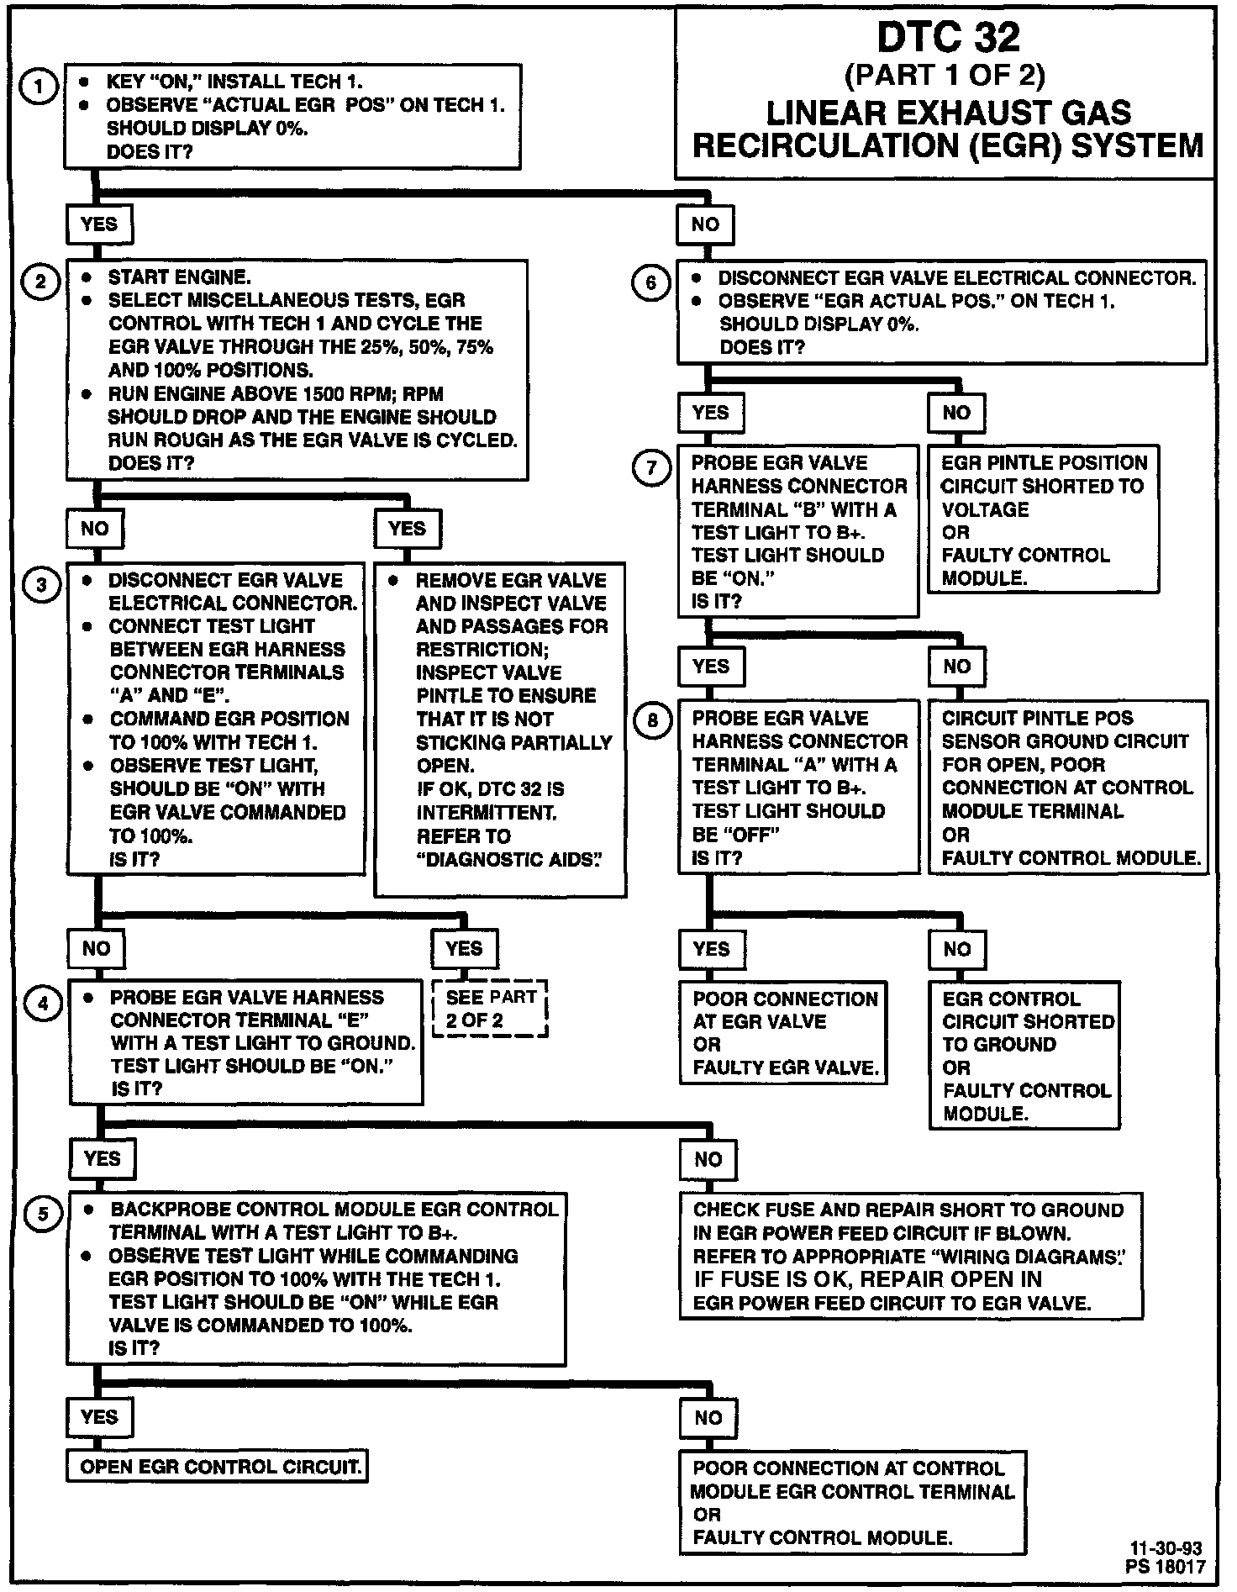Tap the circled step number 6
pos(650,282)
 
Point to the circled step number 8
pos(653,721)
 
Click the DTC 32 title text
pos(948,38)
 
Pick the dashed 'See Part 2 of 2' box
pos(490,1009)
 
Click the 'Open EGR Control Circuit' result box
pos(218,1467)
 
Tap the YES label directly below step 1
pos(99,224)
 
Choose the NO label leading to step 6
pos(706,224)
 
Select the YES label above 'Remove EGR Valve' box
pos(408,529)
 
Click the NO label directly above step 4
pos(96,948)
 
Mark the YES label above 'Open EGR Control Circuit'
pos(99,1416)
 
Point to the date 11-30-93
pos(1166,1548)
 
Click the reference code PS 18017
pos(1166,1567)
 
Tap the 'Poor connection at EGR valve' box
pos(784,1033)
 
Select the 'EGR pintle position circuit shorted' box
pos(1043,520)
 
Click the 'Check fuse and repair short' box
pos(910,1256)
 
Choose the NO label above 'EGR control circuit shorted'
pos(957,949)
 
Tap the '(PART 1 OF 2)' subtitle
pos(945,76)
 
